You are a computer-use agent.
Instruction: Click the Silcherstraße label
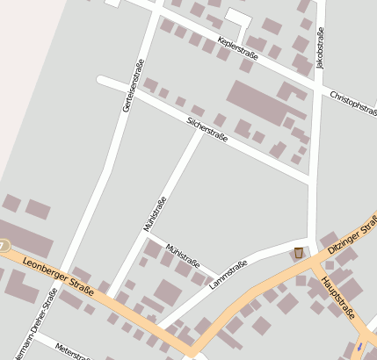click(207, 128)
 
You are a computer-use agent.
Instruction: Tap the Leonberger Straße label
click(58, 268)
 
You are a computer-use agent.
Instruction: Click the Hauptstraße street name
click(337, 298)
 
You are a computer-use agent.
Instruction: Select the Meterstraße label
click(73, 351)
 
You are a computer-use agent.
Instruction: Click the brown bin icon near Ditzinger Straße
click(299, 253)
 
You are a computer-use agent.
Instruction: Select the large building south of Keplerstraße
click(257, 102)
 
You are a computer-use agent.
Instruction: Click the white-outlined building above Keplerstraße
click(237, 18)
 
